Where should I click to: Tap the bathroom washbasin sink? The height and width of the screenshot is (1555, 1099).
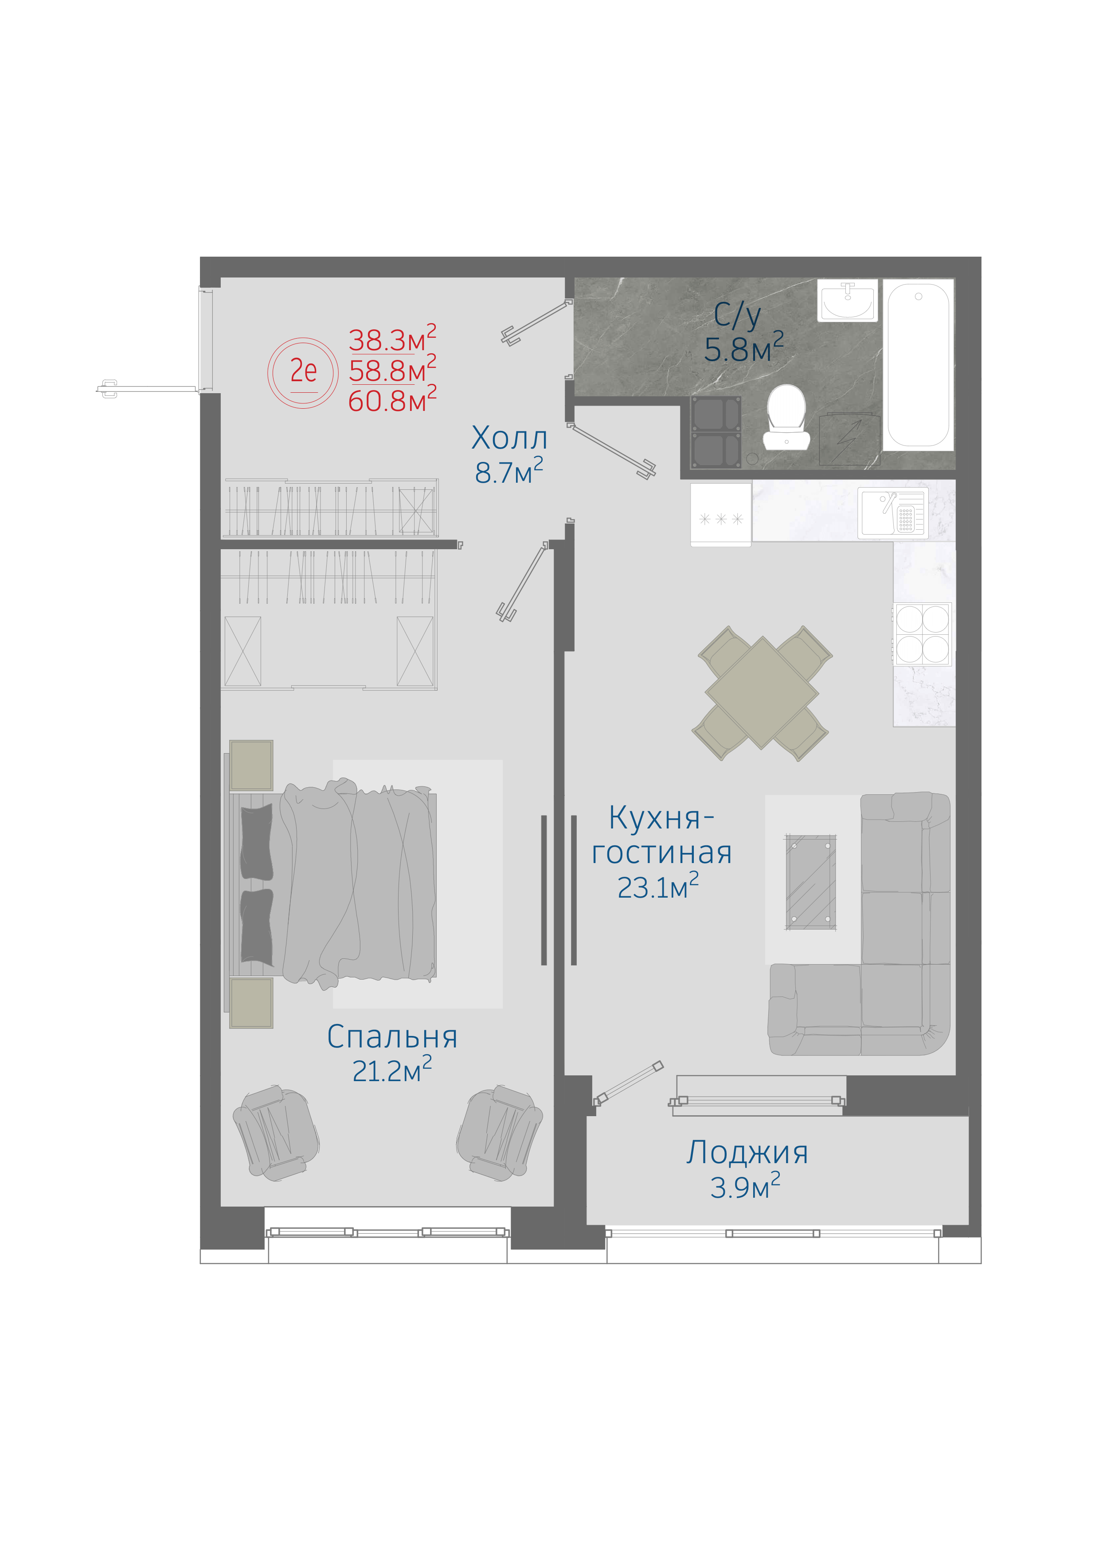pyautogui.click(x=847, y=300)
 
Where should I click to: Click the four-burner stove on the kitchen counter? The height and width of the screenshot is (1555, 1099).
pyautogui.click(x=922, y=634)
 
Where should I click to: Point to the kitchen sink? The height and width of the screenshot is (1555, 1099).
pyautogui.click(x=892, y=513)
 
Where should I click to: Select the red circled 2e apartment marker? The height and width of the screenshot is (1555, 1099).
pyautogui.click(x=303, y=372)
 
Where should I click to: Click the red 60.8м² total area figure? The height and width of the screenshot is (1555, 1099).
pyautogui.click(x=392, y=399)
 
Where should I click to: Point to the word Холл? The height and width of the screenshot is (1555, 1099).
pyautogui.click(x=509, y=438)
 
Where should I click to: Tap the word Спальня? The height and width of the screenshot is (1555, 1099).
pyautogui.click(x=392, y=1037)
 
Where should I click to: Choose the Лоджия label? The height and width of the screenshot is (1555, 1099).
pyautogui.click(x=747, y=1152)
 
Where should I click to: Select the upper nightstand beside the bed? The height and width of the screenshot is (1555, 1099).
pyautogui.click(x=251, y=765)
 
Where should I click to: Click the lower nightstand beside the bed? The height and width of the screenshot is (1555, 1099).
pyautogui.click(x=251, y=1002)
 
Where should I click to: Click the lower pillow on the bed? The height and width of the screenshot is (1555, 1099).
pyautogui.click(x=257, y=926)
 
